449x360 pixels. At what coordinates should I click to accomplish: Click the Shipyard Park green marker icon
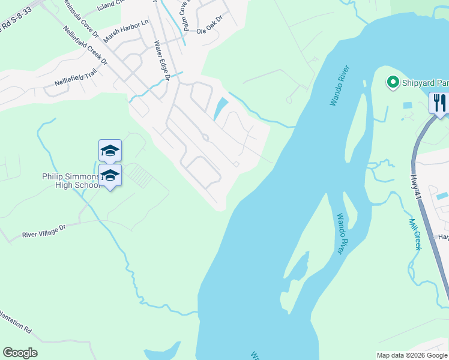pyautogui.click(x=393, y=82)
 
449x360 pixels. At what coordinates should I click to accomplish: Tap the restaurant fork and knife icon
pyautogui.click(x=439, y=102)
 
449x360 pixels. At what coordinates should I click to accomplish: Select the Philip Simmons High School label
pyautogui.click(x=70, y=181)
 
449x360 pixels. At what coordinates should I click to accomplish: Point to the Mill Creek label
pyautogui.click(x=415, y=233)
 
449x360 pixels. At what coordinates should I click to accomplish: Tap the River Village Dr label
pyautogui.click(x=43, y=233)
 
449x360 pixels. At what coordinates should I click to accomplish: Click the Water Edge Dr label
pyautogui.click(x=163, y=61)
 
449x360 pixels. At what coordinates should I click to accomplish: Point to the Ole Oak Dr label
pyautogui.click(x=209, y=20)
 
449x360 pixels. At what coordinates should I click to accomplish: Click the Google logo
pyautogui.click(x=20, y=353)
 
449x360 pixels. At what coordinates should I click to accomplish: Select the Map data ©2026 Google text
pyautogui.click(x=412, y=355)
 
